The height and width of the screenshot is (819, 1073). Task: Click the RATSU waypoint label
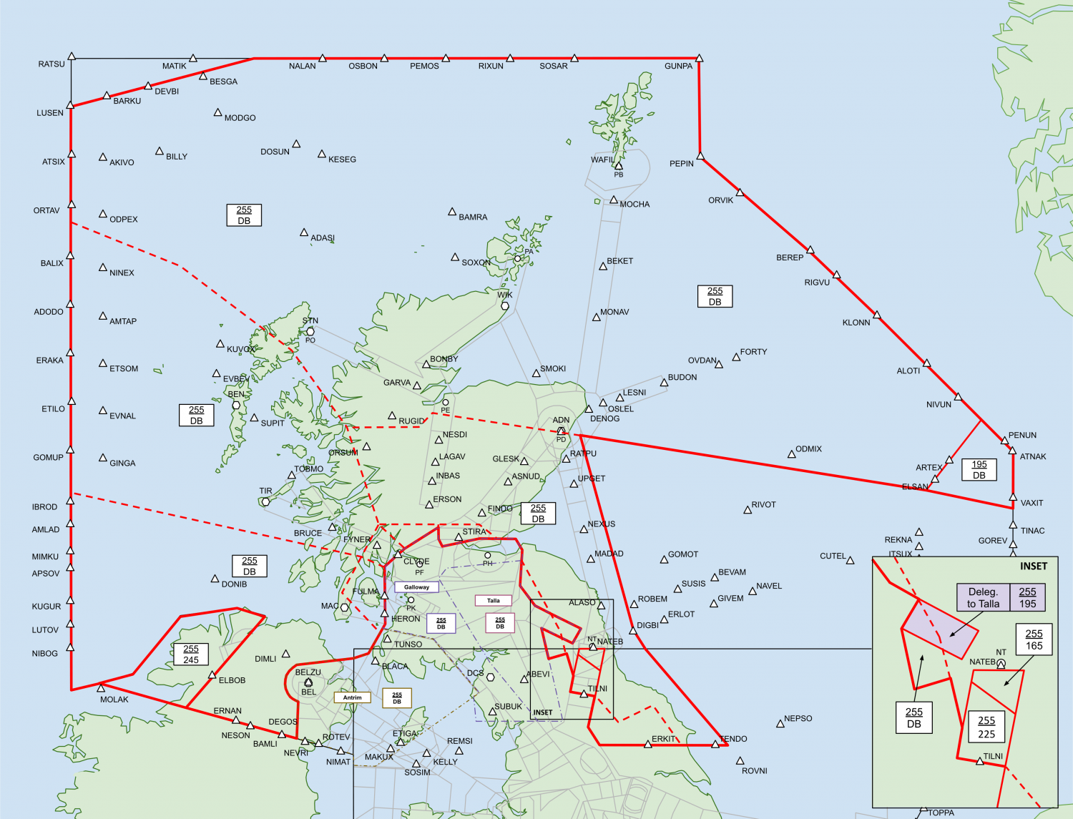coord(52,64)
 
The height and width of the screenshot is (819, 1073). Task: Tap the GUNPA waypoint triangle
coord(699,58)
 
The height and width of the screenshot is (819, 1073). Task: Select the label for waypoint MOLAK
coord(114,700)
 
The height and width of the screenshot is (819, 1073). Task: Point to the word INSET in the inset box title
coord(1034,567)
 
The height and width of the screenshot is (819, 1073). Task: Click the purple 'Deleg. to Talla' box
coord(984,598)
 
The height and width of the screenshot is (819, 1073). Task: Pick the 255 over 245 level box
coord(191,654)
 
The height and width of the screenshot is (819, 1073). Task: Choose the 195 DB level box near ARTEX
coord(979,470)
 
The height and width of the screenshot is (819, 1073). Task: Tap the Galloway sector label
coord(416,587)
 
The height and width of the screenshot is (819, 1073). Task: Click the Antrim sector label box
coord(352,697)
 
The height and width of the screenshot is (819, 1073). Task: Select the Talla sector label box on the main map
coord(494,601)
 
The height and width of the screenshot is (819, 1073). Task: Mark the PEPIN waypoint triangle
coord(700,156)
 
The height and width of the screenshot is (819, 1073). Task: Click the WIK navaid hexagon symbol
coord(504,306)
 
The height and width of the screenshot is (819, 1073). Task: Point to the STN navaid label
coord(310,321)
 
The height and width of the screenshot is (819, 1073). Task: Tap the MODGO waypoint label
coord(240,118)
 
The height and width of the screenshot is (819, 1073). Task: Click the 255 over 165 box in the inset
coord(1034,639)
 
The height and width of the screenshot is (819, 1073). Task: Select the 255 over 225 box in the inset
coord(986,727)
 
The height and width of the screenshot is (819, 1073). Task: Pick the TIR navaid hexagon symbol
coord(265,501)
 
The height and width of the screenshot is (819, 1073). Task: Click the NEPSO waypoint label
coord(798,719)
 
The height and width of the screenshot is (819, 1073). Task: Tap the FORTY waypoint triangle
coord(736,357)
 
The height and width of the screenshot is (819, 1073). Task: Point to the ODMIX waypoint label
coord(808,449)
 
